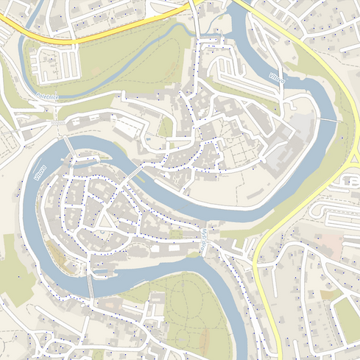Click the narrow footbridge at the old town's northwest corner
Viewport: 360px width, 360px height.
click(69, 146)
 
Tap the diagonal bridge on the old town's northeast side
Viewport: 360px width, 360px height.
click(134, 174)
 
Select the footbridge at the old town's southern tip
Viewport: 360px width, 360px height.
click(91, 285)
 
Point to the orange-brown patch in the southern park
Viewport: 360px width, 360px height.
click(204, 339)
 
